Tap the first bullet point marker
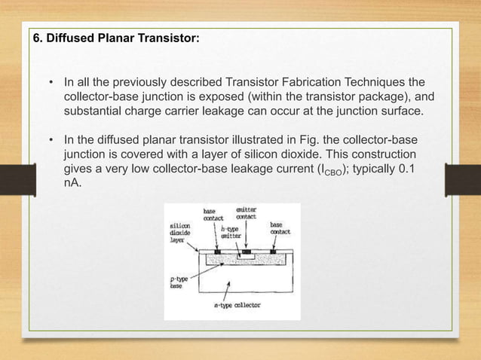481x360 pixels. click(x=51, y=81)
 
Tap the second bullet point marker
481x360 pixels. click(x=51, y=142)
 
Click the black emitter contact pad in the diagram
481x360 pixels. click(x=246, y=250)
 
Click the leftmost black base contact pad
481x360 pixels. click(x=217, y=250)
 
